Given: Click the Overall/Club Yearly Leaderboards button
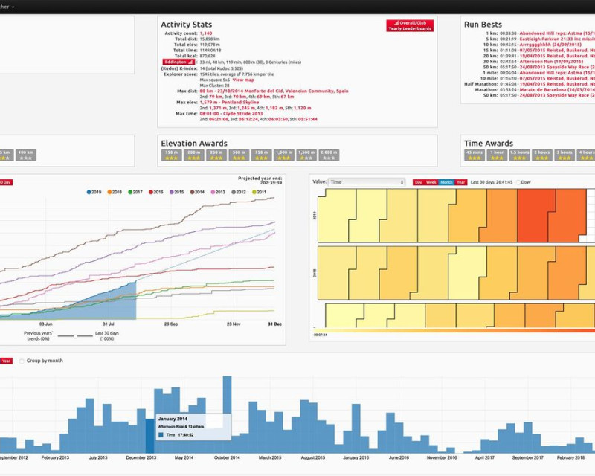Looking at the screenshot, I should click(x=409, y=25).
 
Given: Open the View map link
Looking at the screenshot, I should click(x=243, y=79).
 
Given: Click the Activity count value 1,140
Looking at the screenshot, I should click(x=206, y=33).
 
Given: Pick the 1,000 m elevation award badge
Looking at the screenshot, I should click(x=283, y=155).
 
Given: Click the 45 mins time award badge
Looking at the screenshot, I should click(x=475, y=155).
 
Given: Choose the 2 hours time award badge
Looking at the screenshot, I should click(x=542, y=155).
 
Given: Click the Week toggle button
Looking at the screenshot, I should click(x=431, y=182).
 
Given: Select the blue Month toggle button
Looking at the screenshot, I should click(x=446, y=182).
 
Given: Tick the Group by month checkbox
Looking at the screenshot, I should click(x=22, y=361).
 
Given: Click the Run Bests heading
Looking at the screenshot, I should click(x=483, y=25).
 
